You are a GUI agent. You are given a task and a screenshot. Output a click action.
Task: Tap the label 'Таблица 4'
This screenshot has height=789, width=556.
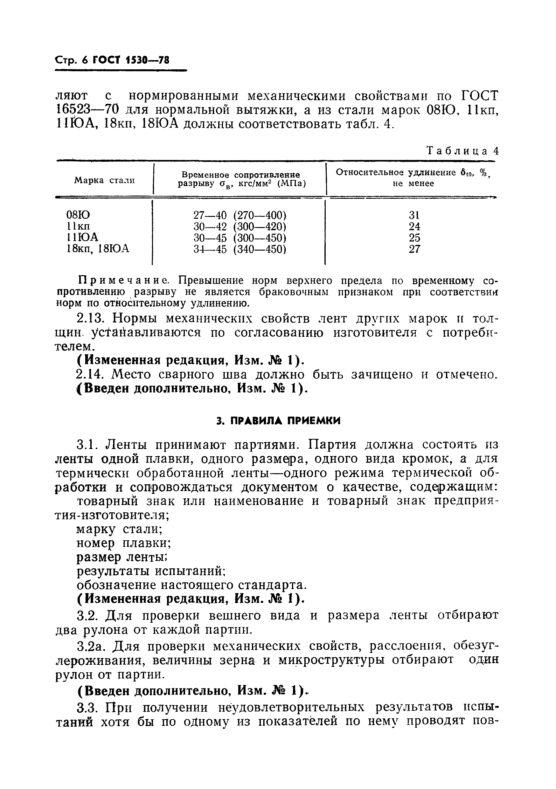tap(462, 151)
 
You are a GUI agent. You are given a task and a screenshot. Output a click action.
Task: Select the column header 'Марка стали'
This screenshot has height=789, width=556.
tap(104, 180)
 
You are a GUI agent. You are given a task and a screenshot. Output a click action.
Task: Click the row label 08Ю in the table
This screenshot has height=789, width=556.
tap(78, 215)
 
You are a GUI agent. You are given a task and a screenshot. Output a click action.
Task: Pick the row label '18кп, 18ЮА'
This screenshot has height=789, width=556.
tap(98, 249)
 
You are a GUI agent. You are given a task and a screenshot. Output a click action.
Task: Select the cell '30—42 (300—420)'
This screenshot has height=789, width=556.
tap(240, 227)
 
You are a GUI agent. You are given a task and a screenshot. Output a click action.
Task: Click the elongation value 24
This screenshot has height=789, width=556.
tap(414, 227)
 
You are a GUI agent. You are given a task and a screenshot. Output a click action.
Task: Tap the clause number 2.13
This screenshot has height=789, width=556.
tap(90, 319)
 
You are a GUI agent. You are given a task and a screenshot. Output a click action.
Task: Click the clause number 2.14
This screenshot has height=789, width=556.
tap(90, 375)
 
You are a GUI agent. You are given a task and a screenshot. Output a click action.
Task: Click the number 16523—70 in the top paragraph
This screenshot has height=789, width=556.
tap(87, 110)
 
